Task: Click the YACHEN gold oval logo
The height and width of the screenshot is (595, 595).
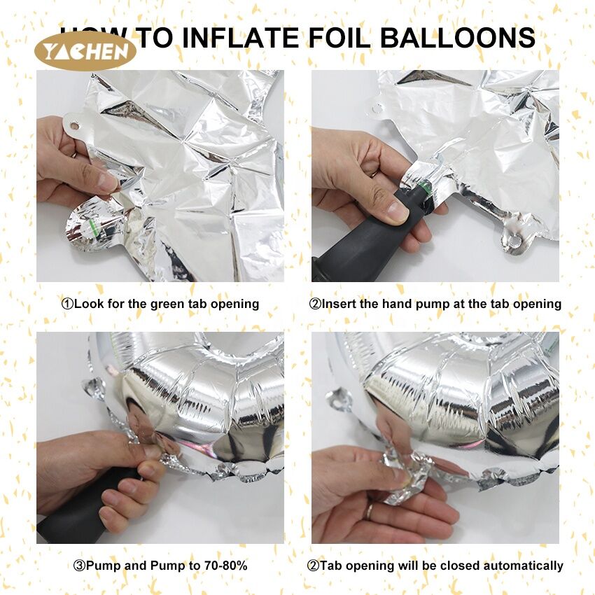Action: point(85,51)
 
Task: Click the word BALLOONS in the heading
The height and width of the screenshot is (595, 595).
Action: point(458,38)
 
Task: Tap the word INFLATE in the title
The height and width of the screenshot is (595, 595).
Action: point(241,38)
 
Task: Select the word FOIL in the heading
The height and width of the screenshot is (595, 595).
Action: point(339,38)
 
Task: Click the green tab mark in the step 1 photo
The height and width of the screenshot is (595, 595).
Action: point(94,229)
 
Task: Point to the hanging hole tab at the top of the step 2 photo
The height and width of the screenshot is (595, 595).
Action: point(377,108)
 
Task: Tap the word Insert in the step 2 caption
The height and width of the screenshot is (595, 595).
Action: point(339,304)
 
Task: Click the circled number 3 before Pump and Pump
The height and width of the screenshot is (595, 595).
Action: point(79,566)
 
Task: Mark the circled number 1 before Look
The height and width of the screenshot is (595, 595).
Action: point(67,304)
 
